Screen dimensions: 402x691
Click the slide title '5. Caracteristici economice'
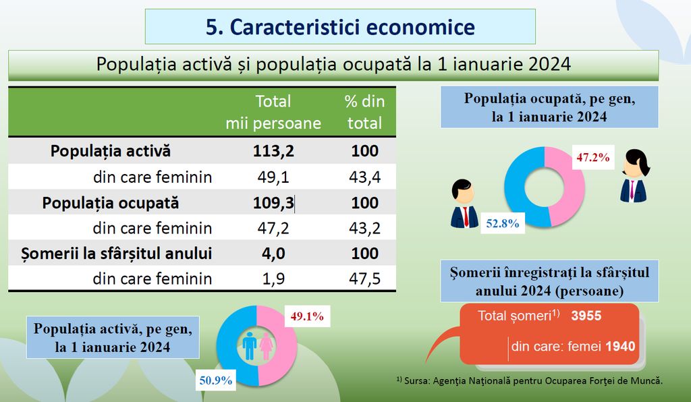(340, 27)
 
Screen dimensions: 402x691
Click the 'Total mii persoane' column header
(273, 112)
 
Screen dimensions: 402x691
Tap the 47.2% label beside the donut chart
(592, 158)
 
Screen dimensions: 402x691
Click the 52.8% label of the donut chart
(502, 223)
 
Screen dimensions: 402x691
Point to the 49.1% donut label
(308, 316)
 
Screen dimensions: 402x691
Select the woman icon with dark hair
(634, 175)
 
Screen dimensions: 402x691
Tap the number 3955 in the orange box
(585, 316)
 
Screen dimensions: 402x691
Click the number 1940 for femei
(620, 347)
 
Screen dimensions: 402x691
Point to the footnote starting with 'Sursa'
(530, 380)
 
